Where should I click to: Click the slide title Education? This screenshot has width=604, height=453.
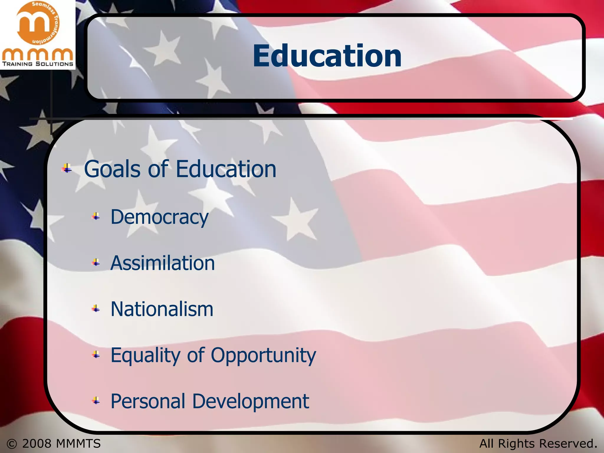point(327,56)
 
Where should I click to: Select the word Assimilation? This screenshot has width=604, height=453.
point(163,263)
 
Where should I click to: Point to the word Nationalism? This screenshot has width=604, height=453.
point(162,309)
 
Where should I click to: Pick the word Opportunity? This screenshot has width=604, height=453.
point(263,356)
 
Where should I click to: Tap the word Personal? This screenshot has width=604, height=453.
point(148,401)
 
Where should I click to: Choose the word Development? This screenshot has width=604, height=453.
point(251,401)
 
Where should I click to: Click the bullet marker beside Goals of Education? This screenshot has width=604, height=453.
point(67,169)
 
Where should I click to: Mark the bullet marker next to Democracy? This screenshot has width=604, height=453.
point(96,217)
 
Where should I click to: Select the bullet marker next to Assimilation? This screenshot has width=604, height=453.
point(96,262)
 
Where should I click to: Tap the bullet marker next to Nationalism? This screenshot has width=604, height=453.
point(96,309)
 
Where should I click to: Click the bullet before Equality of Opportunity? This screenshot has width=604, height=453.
point(96,355)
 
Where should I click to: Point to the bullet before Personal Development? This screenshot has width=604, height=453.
point(96,401)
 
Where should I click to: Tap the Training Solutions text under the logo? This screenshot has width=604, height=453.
point(37,64)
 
